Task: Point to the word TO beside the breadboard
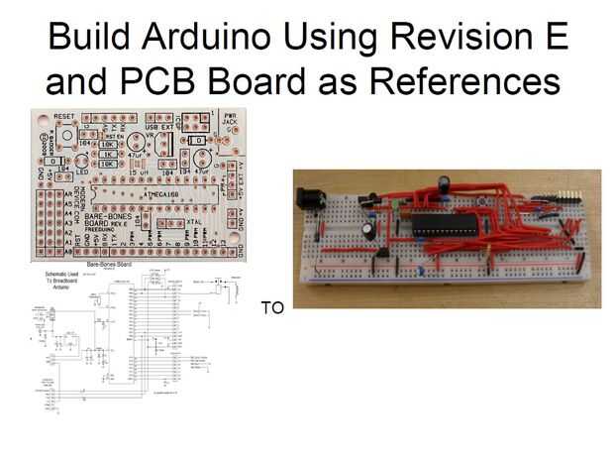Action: pyautogui.click(x=271, y=308)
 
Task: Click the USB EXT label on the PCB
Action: pyautogui.click(x=158, y=129)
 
